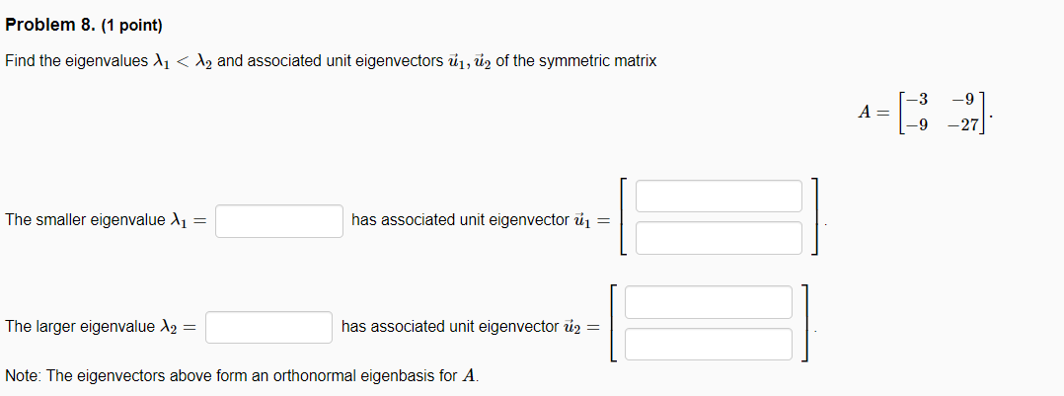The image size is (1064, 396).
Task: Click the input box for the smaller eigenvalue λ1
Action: pyautogui.click(x=279, y=220)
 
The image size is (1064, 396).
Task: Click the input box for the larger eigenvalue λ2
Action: pyautogui.click(x=268, y=327)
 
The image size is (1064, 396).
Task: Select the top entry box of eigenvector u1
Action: pyautogui.click(x=719, y=196)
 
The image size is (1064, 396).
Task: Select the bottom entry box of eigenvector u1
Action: pyautogui.click(x=719, y=237)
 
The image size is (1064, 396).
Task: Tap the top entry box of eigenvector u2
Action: pyautogui.click(x=709, y=302)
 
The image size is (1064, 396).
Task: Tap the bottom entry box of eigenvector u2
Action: pyautogui.click(x=709, y=344)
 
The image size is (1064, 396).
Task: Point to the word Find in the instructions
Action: pyautogui.click(x=19, y=61)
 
